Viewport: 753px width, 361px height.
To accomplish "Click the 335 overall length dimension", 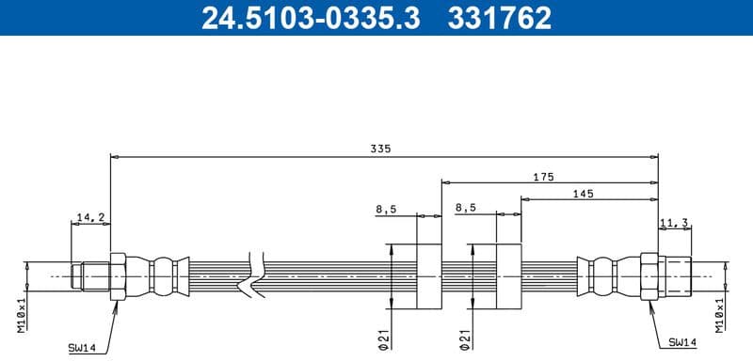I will click(x=379, y=149).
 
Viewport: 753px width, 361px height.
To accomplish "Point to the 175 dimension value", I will click(x=542, y=177).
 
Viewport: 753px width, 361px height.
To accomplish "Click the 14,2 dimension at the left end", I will click(x=90, y=217).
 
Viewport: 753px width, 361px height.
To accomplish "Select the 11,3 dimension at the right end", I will click(x=675, y=223).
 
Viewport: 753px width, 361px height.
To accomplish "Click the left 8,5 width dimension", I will click(x=385, y=209).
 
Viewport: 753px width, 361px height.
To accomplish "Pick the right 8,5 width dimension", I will click(x=466, y=209).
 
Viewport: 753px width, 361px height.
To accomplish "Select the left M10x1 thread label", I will click(x=21, y=312).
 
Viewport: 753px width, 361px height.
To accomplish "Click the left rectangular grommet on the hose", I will click(x=427, y=275).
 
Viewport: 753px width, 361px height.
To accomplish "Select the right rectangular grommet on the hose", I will click(x=508, y=275).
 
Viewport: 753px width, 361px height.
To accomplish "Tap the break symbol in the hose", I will click(x=251, y=275).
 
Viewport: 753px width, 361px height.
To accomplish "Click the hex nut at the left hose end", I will click(x=119, y=276).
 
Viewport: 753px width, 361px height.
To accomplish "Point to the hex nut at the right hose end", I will click(x=649, y=276).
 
